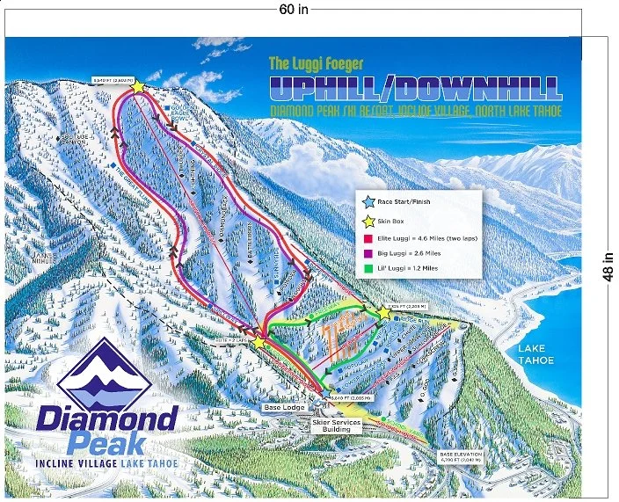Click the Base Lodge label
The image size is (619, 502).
click(x=282, y=407)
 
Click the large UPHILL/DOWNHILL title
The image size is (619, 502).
click(x=414, y=88)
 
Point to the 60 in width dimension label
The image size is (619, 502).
click(x=294, y=10)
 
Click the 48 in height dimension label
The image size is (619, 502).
click(x=608, y=265)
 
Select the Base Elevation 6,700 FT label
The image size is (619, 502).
click(x=461, y=455)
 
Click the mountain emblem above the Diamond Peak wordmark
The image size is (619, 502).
click(x=104, y=371)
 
